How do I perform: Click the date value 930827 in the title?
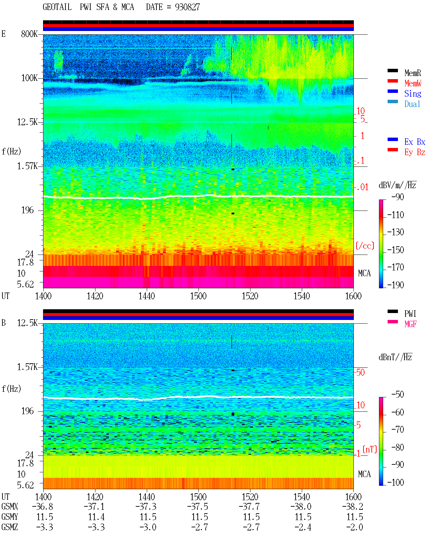coord(187,7)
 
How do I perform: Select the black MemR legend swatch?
coord(392,71)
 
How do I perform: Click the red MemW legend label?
coord(413,83)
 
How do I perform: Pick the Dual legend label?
coord(412,104)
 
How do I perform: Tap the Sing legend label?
coord(413,94)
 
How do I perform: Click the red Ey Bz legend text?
coord(415,152)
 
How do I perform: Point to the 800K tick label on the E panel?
coord(29,34)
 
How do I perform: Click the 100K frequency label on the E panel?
coord(29,78)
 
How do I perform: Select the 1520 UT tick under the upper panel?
coord(250,296)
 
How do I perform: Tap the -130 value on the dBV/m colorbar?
coord(396,232)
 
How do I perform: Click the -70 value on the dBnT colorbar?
coord(398,430)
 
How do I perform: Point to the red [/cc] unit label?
coord(365,246)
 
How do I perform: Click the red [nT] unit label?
coord(370,450)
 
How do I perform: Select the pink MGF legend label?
coord(410,324)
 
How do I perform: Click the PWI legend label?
coord(410,314)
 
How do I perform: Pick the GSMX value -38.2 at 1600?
coord(352,507)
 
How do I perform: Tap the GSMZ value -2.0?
coord(355,527)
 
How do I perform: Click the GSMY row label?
coord(10,517)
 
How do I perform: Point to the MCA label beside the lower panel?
coord(364,474)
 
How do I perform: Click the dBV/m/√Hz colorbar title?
coord(398,185)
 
